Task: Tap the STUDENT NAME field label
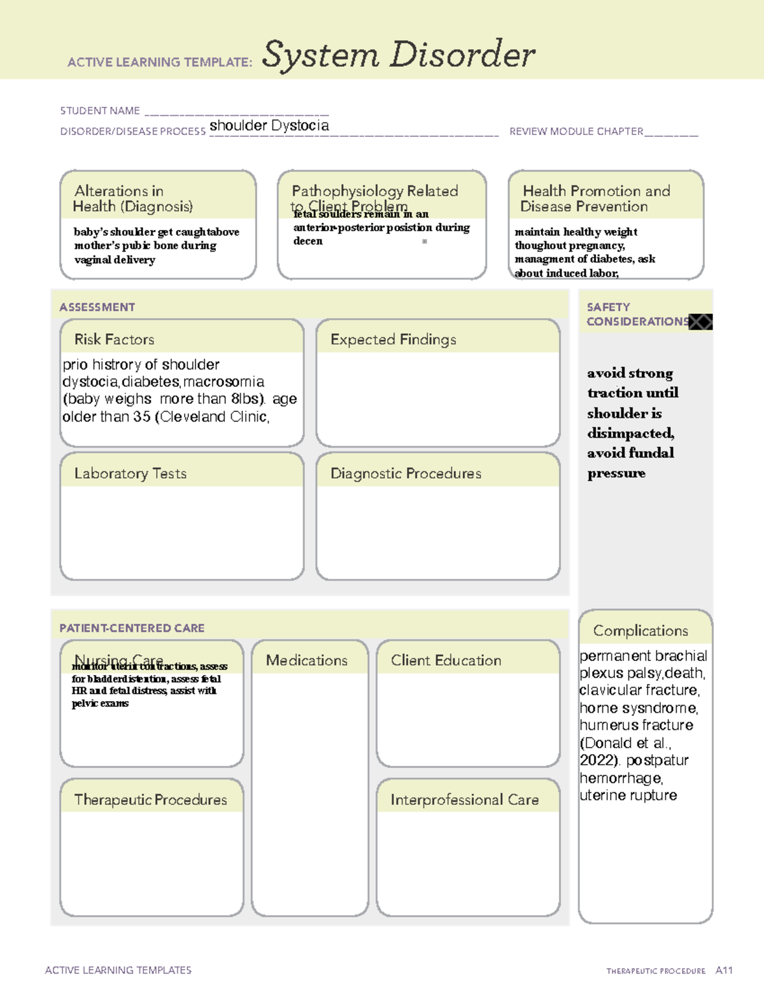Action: pos(100,111)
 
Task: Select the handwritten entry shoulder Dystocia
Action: pos(269,125)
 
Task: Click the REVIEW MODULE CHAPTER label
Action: pos(576,131)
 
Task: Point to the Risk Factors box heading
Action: pos(115,339)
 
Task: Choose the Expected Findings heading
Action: pos(393,339)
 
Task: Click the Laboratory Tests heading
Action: pos(131,473)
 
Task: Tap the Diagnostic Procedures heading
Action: pos(406,473)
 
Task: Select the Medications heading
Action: pos(307,660)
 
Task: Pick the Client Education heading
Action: pos(446,660)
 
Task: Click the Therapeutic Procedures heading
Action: pos(151,799)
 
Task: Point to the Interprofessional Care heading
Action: pos(465,799)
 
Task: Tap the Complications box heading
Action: pos(640,630)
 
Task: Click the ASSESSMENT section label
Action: pos(97,307)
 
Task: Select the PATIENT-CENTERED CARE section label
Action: pos(132,628)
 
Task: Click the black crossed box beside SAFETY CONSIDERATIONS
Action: pos(700,322)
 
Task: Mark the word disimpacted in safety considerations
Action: pos(630,433)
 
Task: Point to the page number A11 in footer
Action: pos(724,971)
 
